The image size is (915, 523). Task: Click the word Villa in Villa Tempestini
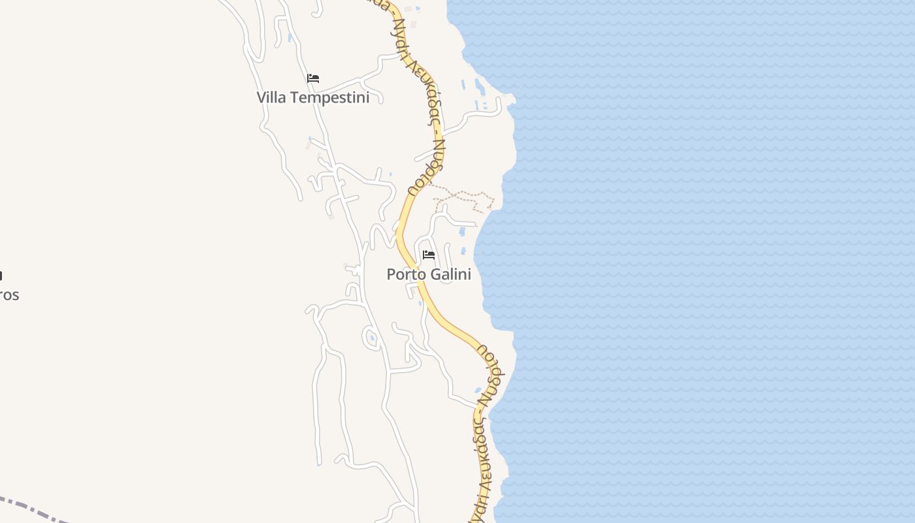271,97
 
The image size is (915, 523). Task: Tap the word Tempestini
329,97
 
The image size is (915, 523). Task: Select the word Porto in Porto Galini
405,275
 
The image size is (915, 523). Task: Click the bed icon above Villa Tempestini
313,78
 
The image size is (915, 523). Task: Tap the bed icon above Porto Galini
429,254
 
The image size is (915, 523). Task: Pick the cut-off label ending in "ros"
9,295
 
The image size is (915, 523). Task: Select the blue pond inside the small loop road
372,337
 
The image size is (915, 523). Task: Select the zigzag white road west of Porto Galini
381,235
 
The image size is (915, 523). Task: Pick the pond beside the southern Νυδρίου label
478,391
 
